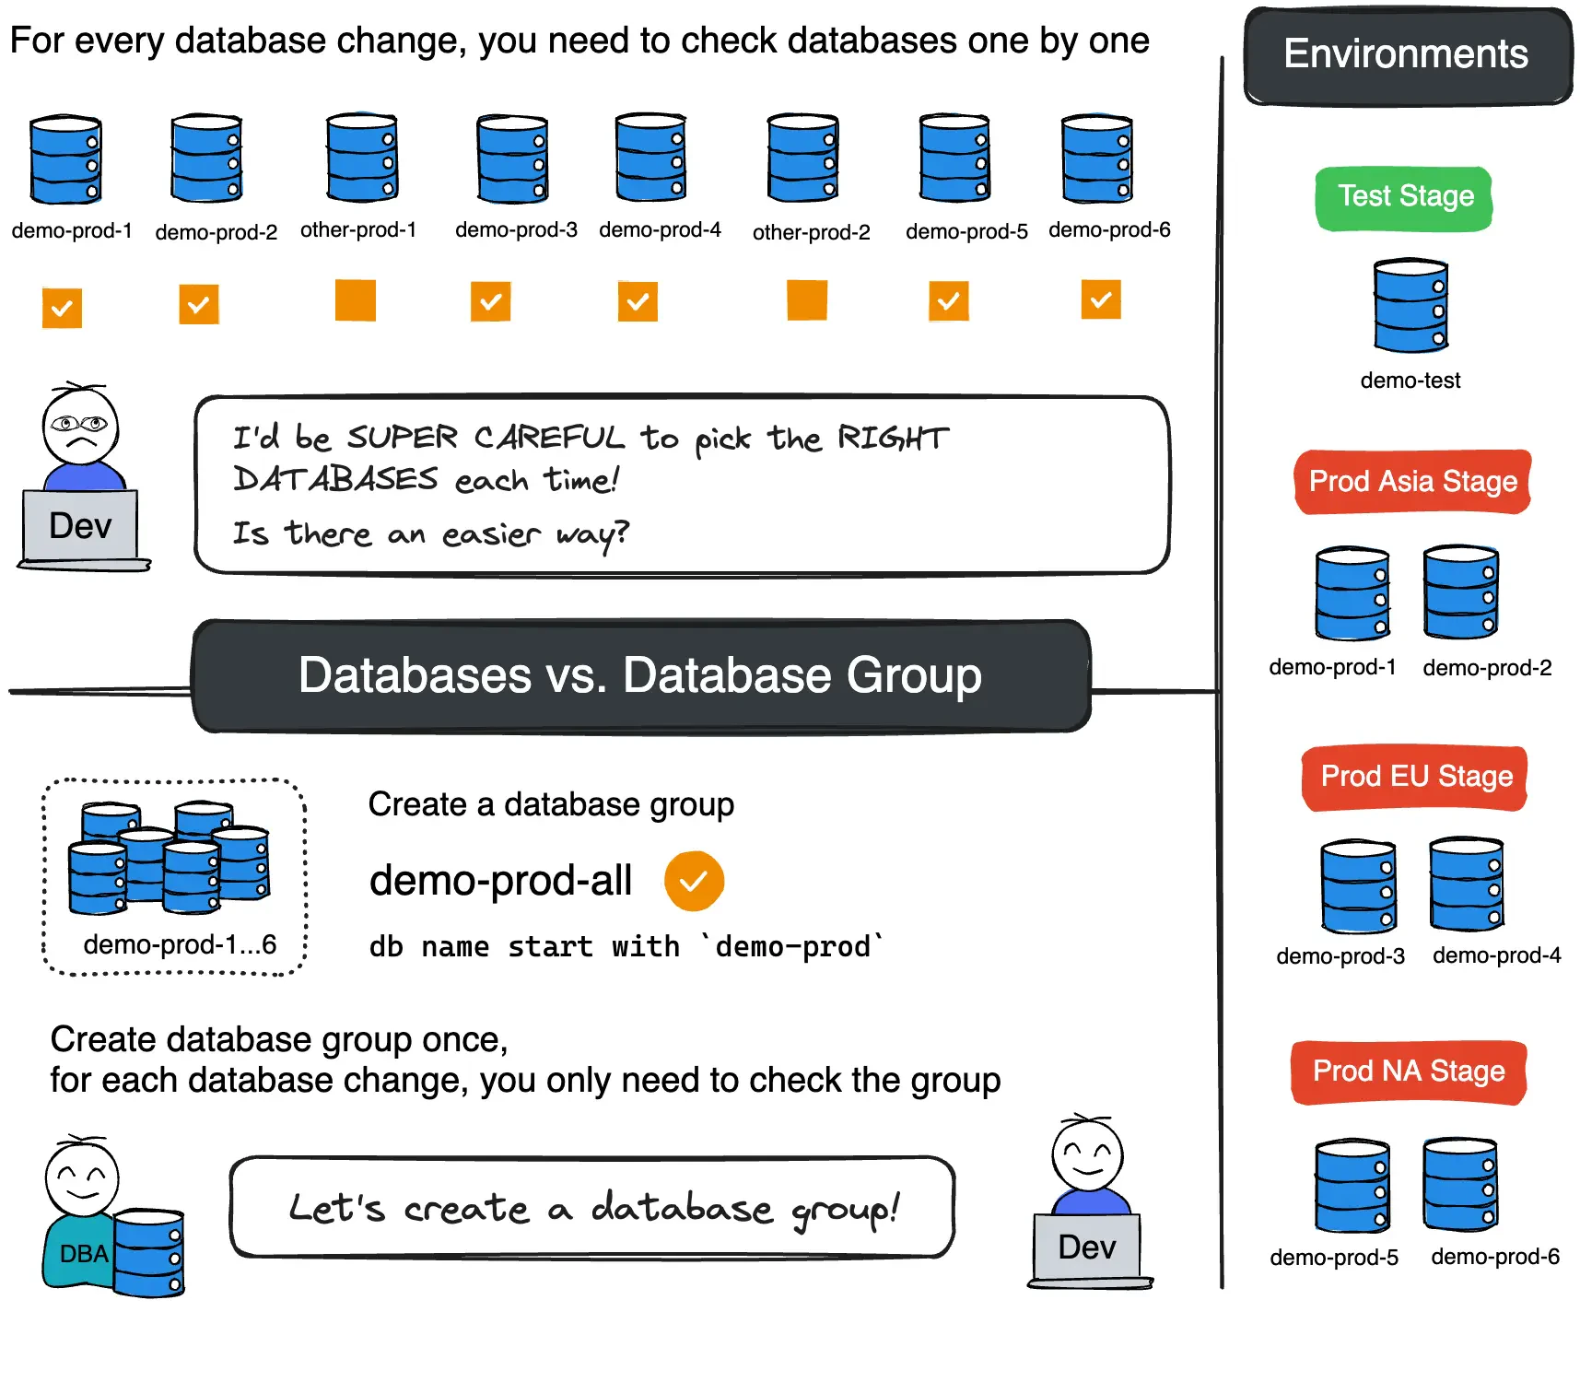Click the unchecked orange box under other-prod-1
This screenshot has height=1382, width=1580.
(x=355, y=300)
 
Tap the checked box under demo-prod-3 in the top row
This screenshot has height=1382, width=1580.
(x=490, y=301)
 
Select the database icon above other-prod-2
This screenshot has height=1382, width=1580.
(x=803, y=158)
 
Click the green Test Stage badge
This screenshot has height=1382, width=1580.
(x=1404, y=197)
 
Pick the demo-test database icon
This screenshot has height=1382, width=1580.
(x=1410, y=306)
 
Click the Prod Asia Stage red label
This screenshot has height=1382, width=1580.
(x=1412, y=482)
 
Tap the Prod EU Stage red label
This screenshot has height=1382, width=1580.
(x=1415, y=777)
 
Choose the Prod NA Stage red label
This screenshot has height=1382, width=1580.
(x=1409, y=1072)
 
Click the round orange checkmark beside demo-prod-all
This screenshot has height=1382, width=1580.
(x=694, y=881)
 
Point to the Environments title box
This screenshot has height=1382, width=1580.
(x=1406, y=55)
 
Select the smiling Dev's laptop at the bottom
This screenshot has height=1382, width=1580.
(x=1087, y=1247)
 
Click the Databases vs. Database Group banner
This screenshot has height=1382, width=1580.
(x=640, y=675)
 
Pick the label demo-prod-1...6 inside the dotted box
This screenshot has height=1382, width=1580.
(x=180, y=944)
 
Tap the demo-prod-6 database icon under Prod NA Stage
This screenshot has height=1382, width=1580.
(x=1460, y=1185)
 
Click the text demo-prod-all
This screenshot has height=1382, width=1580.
(x=500, y=881)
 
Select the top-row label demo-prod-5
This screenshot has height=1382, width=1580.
(x=966, y=231)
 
